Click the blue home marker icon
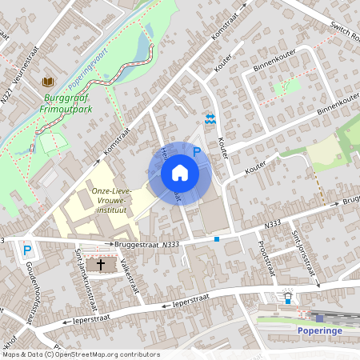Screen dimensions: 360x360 pos(180,172)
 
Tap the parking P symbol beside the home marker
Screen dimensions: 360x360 pos(197,150)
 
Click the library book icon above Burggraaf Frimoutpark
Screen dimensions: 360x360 pos(48,82)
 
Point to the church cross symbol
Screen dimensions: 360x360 pos(102,263)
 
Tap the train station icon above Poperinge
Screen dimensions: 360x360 pos(288,298)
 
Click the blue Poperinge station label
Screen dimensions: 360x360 pos(320,330)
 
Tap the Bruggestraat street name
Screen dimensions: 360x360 pos(134,245)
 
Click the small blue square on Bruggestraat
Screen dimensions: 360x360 pos(217,238)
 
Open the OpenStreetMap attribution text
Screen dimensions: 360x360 pos(81,354)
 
